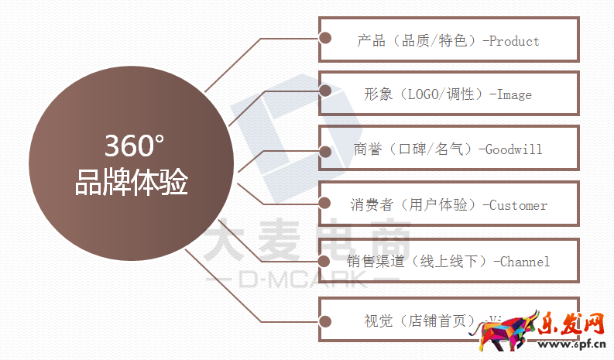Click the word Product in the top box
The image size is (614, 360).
coord(514,41)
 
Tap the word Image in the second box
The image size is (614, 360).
coord(513,94)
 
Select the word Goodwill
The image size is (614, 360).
coord(513,149)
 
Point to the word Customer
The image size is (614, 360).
coord(519,205)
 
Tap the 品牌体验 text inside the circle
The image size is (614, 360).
coord(132,184)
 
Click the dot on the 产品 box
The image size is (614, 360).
coord(326,37)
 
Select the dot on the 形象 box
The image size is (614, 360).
coord(326,91)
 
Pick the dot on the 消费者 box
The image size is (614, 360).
coord(326,204)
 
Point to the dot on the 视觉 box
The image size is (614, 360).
coord(326,319)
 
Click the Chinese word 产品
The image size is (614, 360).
coord(372,41)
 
